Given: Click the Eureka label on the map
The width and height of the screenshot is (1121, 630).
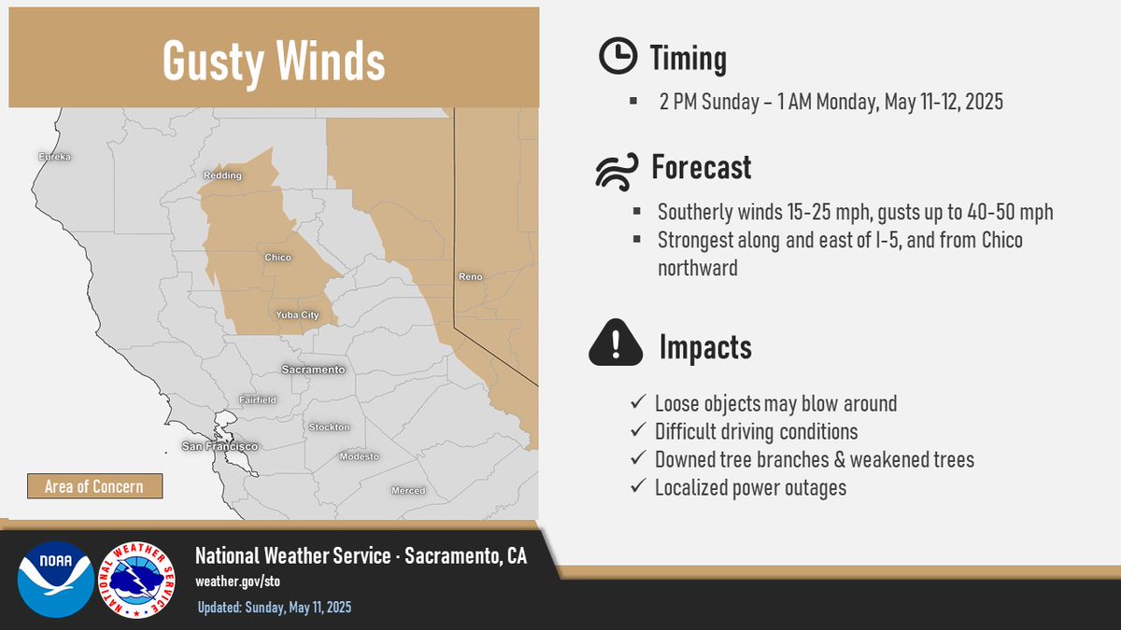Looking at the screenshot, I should click(54, 157).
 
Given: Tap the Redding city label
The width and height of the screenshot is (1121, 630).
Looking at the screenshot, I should click(222, 175).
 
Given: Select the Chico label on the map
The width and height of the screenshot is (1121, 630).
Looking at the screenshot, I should click(277, 258).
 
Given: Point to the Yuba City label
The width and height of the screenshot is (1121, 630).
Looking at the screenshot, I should click(297, 315).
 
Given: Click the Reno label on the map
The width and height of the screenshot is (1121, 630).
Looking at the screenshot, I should click(469, 276).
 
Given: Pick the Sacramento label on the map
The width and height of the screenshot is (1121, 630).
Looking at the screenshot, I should click(313, 370).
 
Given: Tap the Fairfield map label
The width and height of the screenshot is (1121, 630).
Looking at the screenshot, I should click(257, 399).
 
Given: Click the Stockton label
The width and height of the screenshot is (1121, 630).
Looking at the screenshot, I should click(329, 427).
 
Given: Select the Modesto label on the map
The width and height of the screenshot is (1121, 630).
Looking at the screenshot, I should click(360, 456).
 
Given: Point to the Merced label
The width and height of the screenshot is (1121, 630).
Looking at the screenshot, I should click(408, 490).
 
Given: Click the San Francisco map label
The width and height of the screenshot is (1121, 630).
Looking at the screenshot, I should click(220, 447).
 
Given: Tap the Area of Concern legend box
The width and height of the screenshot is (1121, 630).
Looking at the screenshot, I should click(93, 486).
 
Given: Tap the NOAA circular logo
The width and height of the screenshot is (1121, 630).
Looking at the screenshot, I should click(55, 579).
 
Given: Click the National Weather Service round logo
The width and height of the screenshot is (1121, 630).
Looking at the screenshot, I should click(136, 579).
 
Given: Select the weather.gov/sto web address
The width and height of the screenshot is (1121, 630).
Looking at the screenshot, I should click(237, 581).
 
